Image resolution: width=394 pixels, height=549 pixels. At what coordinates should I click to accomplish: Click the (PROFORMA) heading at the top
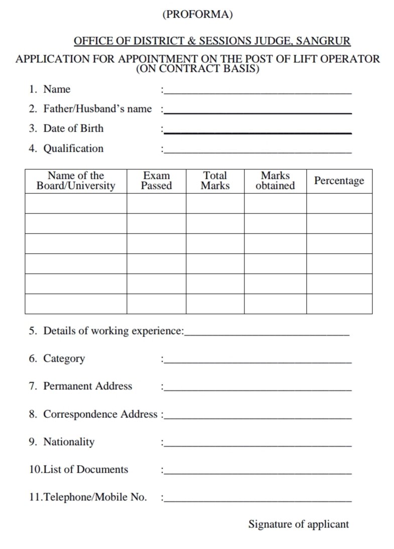pyautogui.click(x=197, y=15)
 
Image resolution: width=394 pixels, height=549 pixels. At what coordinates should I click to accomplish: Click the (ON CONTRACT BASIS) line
pyautogui.click(x=197, y=69)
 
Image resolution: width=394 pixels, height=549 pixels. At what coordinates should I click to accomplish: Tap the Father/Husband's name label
pyautogui.click(x=97, y=109)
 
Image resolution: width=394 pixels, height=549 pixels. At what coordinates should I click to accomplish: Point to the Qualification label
pyautogui.click(x=73, y=149)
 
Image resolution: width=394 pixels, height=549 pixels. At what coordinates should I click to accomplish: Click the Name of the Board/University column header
pyautogui.click(x=76, y=181)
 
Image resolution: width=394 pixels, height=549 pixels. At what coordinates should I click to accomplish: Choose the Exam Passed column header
pyautogui.click(x=156, y=181)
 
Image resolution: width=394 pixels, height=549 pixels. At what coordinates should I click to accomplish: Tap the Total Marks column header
pyautogui.click(x=215, y=181)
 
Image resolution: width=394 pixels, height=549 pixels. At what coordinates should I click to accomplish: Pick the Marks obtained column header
pyautogui.click(x=275, y=181)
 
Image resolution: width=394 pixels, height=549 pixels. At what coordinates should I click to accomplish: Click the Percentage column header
pyautogui.click(x=339, y=181)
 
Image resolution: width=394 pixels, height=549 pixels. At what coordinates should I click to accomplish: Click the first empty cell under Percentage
pyautogui.click(x=339, y=203)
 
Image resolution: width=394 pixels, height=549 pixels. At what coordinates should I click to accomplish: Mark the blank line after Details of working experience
pyautogui.click(x=267, y=334)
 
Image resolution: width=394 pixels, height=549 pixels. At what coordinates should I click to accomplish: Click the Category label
pyautogui.click(x=64, y=359)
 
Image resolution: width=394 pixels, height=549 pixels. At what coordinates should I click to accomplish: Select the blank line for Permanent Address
pyautogui.click(x=257, y=390)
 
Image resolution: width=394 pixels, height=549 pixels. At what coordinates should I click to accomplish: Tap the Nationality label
pyautogui.click(x=69, y=442)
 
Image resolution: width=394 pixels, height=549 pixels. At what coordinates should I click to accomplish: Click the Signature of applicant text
pyautogui.click(x=298, y=524)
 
